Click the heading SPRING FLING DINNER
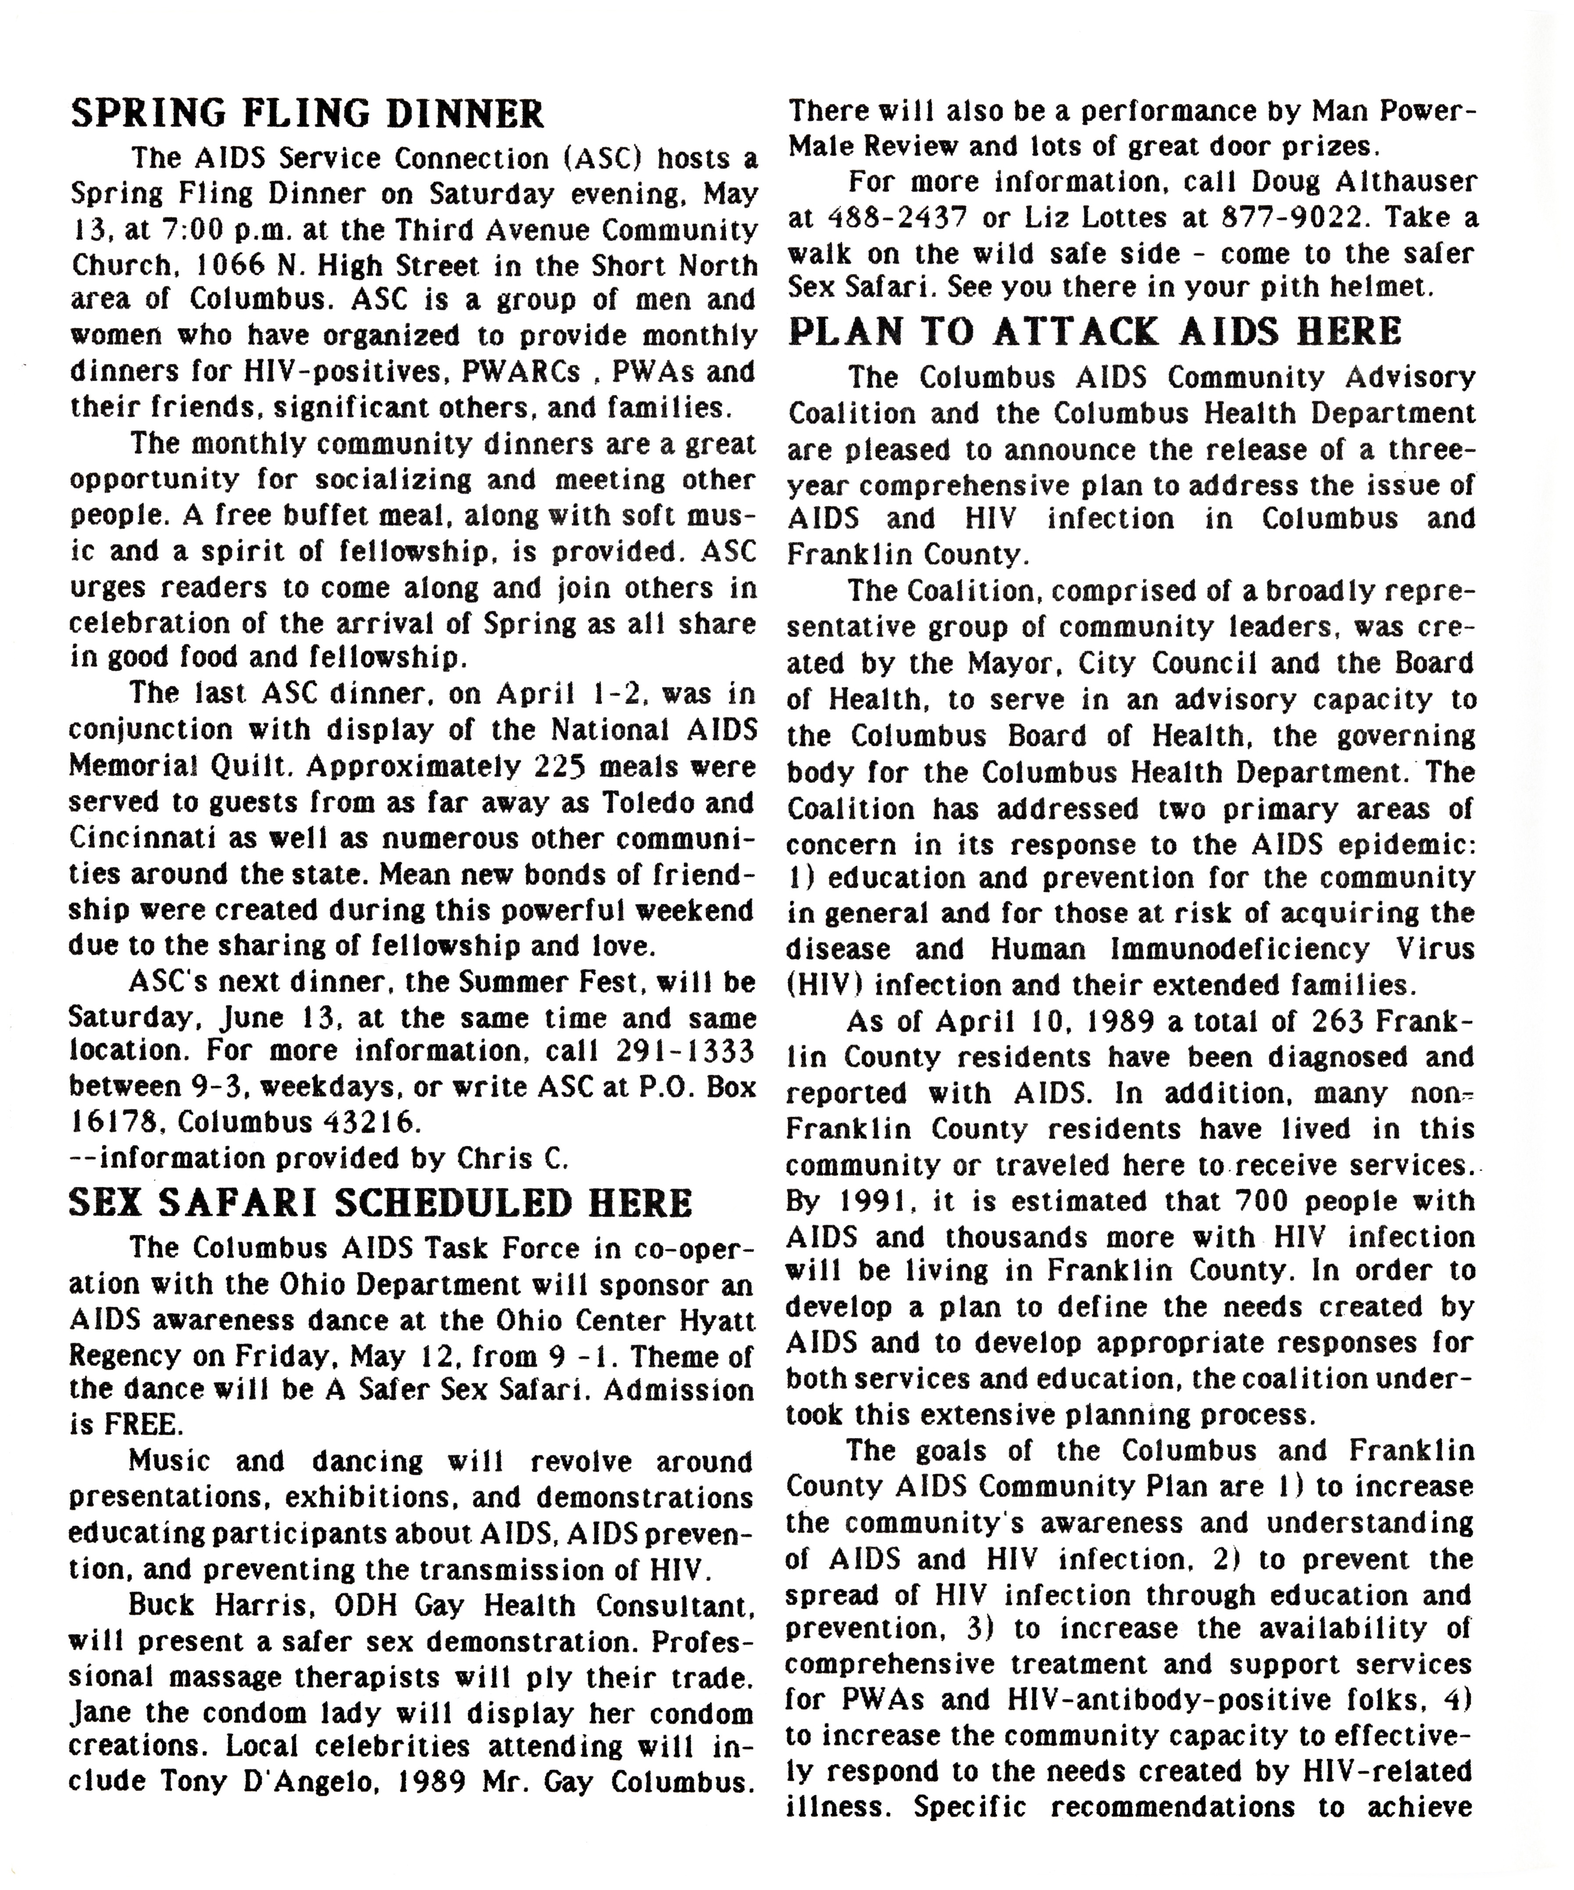click(x=308, y=114)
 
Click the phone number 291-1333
click(x=686, y=1051)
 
